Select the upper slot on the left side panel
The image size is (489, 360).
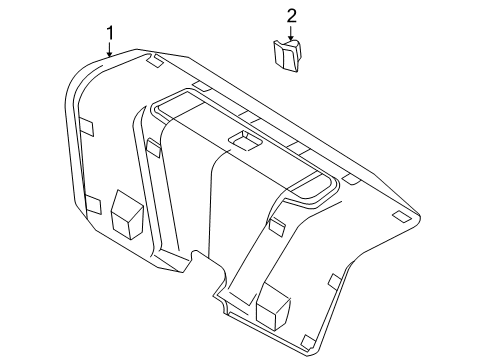(x=88, y=127)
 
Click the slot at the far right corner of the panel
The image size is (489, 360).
(x=402, y=217)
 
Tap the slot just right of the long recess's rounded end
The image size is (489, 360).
(x=350, y=180)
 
